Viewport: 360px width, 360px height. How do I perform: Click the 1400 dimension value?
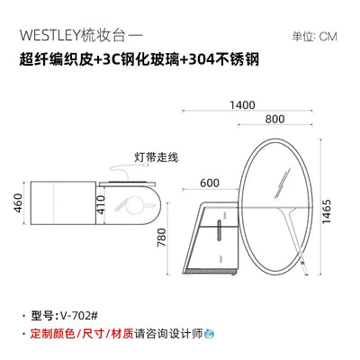242,105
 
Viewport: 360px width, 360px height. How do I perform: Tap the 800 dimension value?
274,120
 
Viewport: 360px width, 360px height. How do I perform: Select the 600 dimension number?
210,183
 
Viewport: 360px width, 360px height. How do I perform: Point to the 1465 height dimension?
326,211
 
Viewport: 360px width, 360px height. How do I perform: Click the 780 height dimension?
162,238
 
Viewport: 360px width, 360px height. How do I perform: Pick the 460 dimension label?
18,203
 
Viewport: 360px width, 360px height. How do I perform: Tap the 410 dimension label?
102,204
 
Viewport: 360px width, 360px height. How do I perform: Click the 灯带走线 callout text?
156,157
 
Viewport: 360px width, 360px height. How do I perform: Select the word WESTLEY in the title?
50,36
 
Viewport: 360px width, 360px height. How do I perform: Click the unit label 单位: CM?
315,37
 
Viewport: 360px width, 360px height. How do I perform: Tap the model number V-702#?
79,316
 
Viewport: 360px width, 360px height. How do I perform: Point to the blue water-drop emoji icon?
209,333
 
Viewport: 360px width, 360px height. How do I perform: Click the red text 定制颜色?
52,333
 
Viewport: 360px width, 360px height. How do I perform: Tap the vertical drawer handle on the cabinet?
220,230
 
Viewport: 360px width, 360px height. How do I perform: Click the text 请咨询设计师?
169,333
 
